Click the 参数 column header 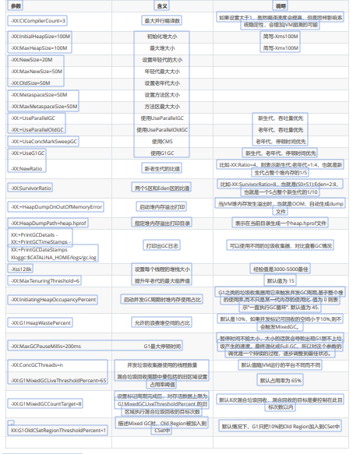coord(16,6)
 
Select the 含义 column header coord(163,6)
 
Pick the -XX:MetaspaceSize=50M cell coord(41,93)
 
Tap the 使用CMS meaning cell coord(162,141)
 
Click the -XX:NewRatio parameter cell coord(27,167)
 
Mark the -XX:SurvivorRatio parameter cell coord(31,188)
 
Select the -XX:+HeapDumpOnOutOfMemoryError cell coord(56,206)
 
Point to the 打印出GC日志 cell coord(162,245)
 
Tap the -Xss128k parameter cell coord(21,268)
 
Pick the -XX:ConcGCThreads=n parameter coord(39,364)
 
